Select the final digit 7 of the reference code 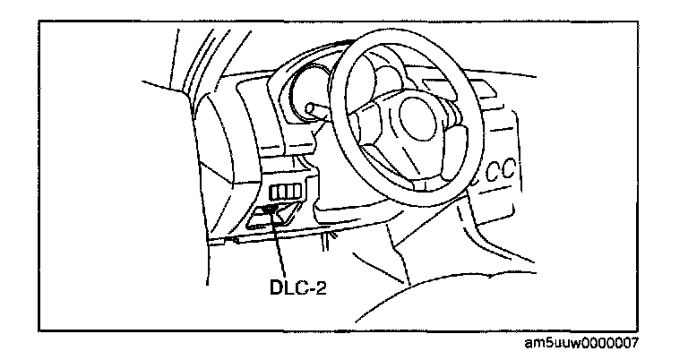(x=637, y=343)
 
